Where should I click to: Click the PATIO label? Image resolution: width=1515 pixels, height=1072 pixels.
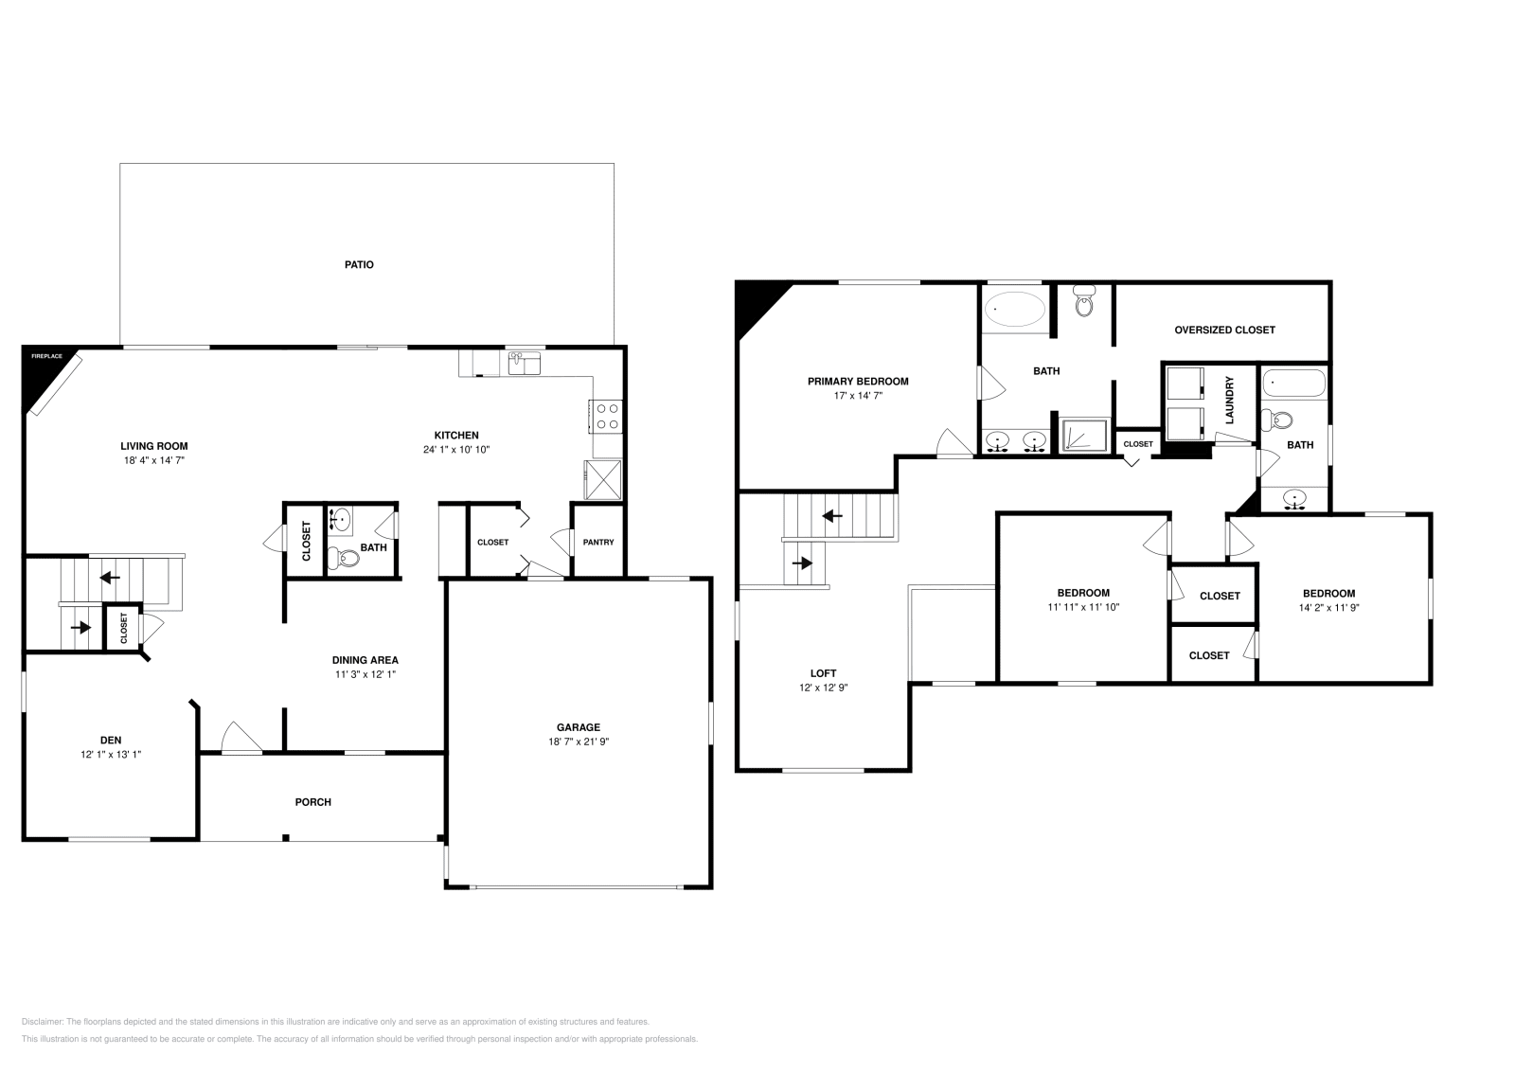pyautogui.click(x=359, y=264)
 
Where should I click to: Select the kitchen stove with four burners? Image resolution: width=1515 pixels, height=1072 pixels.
pyautogui.click(x=606, y=417)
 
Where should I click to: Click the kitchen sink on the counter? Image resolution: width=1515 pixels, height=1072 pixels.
pyautogui.click(x=524, y=362)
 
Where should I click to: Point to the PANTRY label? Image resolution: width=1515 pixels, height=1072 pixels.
pyautogui.click(x=598, y=542)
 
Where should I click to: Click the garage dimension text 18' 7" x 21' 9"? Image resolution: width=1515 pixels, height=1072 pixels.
pyautogui.click(x=578, y=742)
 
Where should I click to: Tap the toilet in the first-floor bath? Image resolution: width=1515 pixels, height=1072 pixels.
pyautogui.click(x=345, y=558)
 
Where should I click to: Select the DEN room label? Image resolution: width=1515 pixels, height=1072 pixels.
pyautogui.click(x=111, y=740)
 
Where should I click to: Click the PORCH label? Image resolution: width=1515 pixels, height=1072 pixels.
pyautogui.click(x=313, y=802)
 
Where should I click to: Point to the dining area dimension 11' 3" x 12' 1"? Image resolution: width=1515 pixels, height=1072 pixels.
pyautogui.click(x=365, y=674)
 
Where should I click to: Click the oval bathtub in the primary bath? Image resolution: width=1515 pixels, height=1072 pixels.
pyautogui.click(x=1015, y=309)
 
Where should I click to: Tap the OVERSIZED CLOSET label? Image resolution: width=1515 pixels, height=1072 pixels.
pyautogui.click(x=1224, y=330)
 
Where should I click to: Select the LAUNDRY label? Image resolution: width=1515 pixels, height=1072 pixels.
pyautogui.click(x=1230, y=400)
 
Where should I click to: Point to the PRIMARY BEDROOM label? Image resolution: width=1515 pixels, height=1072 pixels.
pyautogui.click(x=858, y=382)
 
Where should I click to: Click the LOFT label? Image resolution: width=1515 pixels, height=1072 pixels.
pyautogui.click(x=823, y=673)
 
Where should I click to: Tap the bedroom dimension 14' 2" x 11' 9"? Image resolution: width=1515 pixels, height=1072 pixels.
pyautogui.click(x=1328, y=608)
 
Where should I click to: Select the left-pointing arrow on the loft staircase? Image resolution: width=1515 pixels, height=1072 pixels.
pyautogui.click(x=833, y=516)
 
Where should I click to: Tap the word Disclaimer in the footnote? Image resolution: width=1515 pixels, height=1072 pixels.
pyautogui.click(x=42, y=1022)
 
